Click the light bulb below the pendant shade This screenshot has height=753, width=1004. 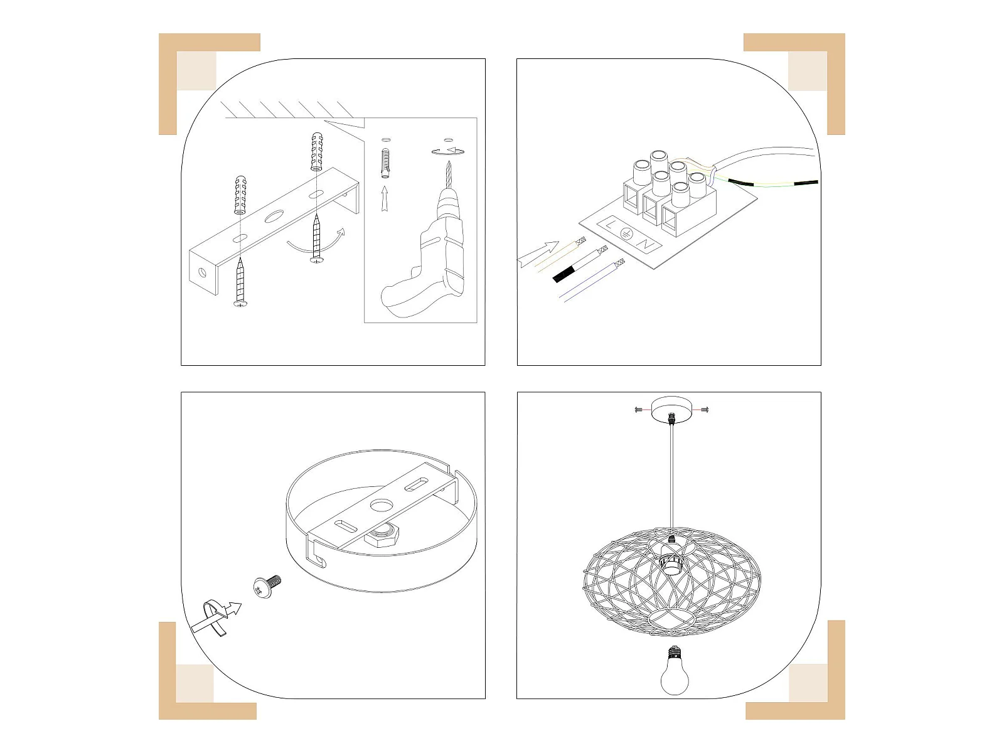tap(674, 671)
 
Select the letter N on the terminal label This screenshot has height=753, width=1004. tap(646, 245)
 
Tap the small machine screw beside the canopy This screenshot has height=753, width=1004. tap(267, 585)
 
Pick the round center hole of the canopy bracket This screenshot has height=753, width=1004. tap(381, 505)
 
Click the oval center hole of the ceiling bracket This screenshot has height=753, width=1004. tap(274, 216)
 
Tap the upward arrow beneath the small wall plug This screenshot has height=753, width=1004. tap(385, 198)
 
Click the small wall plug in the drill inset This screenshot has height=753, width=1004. tap(385, 163)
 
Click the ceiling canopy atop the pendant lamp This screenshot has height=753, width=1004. tap(671, 410)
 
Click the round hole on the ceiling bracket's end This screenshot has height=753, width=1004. tap(202, 274)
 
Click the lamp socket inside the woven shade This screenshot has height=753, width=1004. tap(672, 560)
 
